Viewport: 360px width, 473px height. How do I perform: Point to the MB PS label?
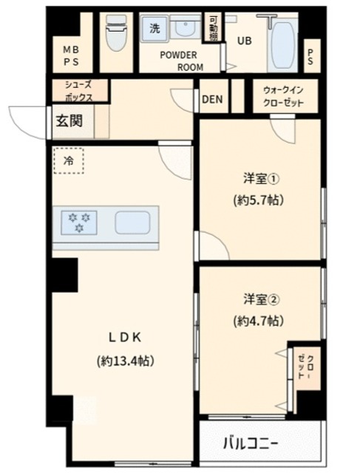pyautogui.click(x=72, y=55)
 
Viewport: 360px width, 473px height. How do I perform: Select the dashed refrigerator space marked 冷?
pyautogui.click(x=69, y=160)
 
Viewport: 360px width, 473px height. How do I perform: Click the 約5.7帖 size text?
pyautogui.click(x=259, y=200)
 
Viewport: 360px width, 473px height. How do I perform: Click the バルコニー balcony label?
pyautogui.click(x=251, y=443)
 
